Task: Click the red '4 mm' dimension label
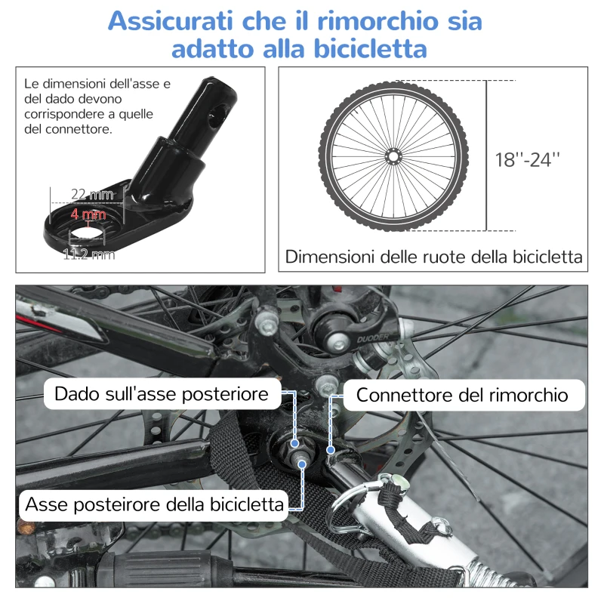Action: (89, 215)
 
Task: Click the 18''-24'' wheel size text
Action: (528, 159)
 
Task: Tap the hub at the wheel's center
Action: (393, 156)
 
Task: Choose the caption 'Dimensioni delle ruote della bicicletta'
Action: (434, 257)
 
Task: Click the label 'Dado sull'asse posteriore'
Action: (162, 394)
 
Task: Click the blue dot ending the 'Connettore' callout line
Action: (331, 449)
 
